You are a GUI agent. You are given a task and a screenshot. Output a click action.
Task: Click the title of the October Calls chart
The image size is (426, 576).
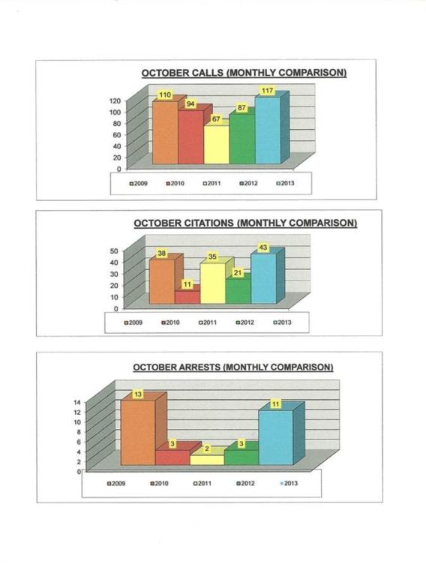point(244,73)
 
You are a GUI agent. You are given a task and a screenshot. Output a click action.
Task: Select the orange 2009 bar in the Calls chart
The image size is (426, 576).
point(165,132)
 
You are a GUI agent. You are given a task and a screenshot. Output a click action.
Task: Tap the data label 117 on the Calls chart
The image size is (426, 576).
point(267,90)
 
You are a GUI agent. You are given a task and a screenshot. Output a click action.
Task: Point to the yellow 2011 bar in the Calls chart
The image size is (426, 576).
point(216,145)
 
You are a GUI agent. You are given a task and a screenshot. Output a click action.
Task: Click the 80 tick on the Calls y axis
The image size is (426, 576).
point(117,124)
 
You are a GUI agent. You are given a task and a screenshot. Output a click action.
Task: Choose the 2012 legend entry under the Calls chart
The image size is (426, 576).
point(248,183)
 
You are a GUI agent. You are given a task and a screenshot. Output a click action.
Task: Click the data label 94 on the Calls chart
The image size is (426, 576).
point(190,104)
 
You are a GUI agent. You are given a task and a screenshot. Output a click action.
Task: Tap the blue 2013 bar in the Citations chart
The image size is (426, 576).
point(264,278)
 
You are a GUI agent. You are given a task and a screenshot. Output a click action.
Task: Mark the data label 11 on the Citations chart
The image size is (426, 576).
point(187,285)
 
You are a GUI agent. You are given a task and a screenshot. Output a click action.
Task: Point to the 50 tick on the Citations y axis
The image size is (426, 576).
point(114,251)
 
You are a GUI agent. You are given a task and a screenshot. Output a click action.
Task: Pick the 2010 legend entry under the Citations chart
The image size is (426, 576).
point(170,322)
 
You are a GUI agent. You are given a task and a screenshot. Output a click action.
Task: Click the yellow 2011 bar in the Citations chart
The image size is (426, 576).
point(213,283)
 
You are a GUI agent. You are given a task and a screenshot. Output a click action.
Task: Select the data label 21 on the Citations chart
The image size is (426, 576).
point(238,273)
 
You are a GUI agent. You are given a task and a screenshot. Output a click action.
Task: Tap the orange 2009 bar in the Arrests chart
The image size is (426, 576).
point(138,433)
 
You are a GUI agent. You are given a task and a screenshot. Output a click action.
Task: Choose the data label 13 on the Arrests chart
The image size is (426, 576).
point(138,394)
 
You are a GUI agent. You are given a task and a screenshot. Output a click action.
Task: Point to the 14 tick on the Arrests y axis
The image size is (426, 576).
point(77,403)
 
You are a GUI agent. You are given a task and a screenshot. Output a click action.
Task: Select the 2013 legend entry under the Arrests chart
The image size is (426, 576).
point(289,484)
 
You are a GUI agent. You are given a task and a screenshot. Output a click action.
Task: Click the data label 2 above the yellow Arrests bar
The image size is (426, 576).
point(207,449)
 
